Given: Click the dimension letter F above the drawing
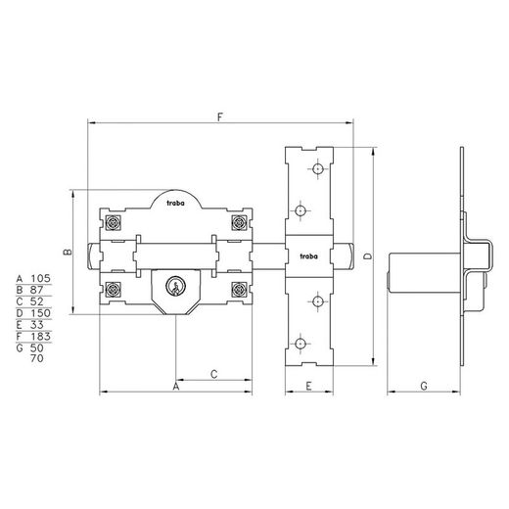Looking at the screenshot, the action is click(x=220, y=116).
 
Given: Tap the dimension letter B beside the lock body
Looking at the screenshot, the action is click(x=67, y=252).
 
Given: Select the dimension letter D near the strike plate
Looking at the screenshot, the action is click(x=368, y=256).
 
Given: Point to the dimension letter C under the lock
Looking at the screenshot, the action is click(x=214, y=374).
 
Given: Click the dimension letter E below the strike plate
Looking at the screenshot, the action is click(x=308, y=386).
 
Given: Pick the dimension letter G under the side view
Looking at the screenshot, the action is click(x=424, y=386).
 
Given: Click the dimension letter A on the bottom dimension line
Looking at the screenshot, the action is click(x=176, y=387).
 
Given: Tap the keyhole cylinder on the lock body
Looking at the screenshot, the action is click(x=175, y=286).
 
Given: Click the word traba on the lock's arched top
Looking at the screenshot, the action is click(x=175, y=203).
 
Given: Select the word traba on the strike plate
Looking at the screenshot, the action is click(x=308, y=256).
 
